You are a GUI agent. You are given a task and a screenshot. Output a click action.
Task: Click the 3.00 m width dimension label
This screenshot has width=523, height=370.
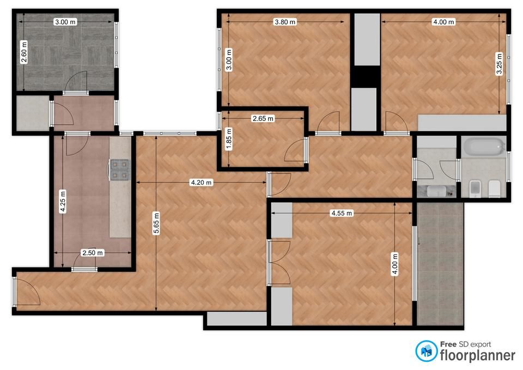pos(65,22)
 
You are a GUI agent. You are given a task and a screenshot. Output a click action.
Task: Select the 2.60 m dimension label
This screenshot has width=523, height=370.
pos(23,52)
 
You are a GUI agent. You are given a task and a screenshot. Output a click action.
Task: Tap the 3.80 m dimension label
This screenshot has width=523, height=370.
pos(285,22)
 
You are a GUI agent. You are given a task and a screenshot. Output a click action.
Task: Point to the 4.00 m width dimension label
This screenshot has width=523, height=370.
pos(443,22)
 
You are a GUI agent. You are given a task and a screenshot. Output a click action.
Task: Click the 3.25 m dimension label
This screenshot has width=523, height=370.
pos(499,64)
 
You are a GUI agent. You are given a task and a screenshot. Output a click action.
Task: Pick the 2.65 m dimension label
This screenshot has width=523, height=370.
pos(263,118)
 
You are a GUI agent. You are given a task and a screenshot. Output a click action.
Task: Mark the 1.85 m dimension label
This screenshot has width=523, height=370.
pos(228,139)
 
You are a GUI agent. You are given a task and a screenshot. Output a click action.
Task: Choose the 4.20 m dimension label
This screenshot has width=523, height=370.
pos(201,183)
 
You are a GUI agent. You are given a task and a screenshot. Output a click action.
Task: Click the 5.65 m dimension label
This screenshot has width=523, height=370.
pos(156,223)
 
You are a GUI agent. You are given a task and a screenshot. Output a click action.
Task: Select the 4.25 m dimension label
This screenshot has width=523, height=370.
pos(63,201)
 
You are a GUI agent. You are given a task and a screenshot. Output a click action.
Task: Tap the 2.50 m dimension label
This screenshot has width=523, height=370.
pos(93,253)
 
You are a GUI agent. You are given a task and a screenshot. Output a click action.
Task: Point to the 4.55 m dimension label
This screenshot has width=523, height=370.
pos(342,213)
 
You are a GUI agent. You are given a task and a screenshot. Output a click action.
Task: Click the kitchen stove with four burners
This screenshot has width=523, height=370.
pos(119,169)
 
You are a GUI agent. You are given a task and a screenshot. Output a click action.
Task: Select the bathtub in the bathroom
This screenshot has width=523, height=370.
pos(484,147)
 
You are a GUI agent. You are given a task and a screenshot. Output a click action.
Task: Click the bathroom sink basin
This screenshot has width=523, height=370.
pos(436,191)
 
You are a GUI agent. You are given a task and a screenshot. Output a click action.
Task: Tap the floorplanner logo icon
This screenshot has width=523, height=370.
pos(426,351)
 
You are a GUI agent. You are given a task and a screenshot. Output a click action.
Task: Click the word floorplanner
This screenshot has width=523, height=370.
pos(478,355)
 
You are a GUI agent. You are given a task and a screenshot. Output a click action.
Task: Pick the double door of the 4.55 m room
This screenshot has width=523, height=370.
pos(279,263)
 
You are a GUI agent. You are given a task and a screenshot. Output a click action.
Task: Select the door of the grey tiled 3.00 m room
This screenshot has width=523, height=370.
pos(76,82)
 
